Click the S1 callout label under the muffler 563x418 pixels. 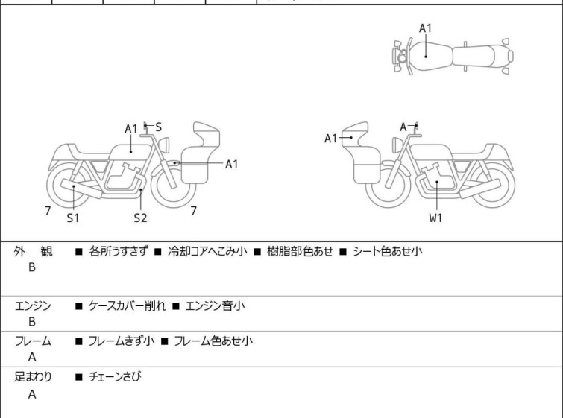coord(73,218)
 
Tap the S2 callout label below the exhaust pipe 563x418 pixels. coord(140,218)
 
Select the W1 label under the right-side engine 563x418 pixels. coord(436,218)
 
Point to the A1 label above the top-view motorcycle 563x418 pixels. coord(426,28)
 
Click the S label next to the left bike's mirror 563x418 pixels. coord(158,127)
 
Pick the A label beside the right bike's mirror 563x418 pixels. coord(403,127)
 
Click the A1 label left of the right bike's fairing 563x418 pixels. coord(330,138)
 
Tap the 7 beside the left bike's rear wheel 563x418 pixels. coord(48,211)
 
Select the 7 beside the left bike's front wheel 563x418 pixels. coord(194,211)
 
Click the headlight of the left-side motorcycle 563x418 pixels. coord(164,145)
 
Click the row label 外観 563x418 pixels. coord(33,251)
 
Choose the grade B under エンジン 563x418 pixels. coord(32,322)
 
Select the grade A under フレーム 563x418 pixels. coord(32,357)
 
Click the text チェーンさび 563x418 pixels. coord(115,376)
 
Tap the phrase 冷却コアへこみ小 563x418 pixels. coord(207,251)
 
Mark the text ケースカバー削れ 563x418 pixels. coord(127,305)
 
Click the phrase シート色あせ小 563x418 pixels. coord(388,251)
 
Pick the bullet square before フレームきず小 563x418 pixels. coord(78,341)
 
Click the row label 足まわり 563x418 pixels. coord(33,376)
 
